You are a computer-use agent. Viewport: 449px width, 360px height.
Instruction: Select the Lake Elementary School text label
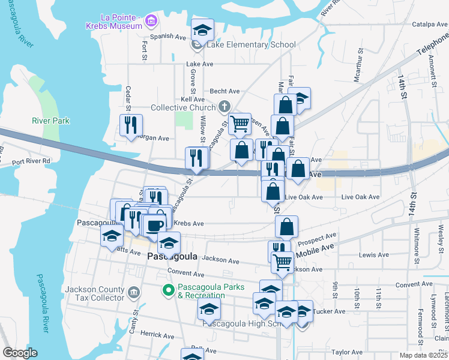click(251, 44)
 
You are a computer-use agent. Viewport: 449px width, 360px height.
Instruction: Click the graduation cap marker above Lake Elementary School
click(203, 30)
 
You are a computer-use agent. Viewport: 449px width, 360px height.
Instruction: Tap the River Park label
click(50, 121)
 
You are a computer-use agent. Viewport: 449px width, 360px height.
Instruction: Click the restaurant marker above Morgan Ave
click(131, 125)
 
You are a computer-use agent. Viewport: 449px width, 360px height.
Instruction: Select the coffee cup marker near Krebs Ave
click(154, 226)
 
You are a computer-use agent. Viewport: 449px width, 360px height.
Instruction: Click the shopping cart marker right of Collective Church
click(240, 124)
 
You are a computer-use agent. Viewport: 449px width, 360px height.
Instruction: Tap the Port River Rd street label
click(31, 161)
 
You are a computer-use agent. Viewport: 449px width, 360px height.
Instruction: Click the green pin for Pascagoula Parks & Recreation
click(169, 292)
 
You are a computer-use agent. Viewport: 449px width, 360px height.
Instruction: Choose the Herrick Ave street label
click(155, 333)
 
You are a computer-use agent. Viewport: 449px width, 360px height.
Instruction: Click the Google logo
click(20, 353)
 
